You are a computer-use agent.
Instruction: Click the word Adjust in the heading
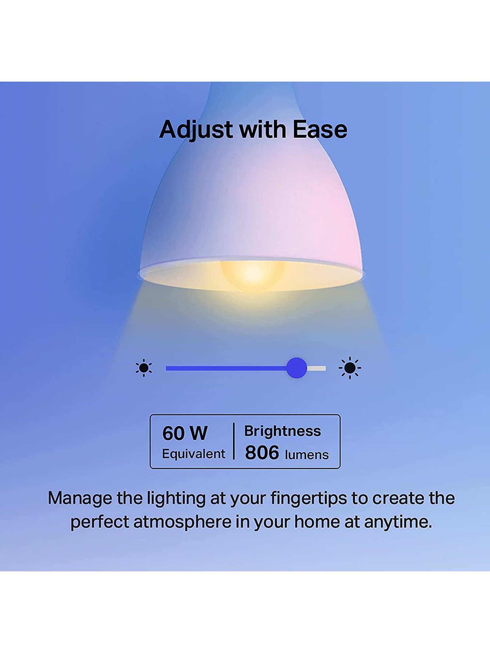pyautogui.click(x=196, y=130)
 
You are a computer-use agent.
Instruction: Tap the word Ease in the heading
pyautogui.click(x=320, y=130)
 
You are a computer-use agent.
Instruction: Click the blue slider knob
pyautogui.click(x=297, y=368)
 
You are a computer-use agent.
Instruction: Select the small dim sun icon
pyautogui.click(x=144, y=368)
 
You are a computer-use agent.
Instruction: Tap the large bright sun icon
pyautogui.click(x=350, y=368)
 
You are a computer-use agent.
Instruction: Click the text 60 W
pyautogui.click(x=185, y=433)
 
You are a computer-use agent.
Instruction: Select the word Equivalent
pyautogui.click(x=193, y=454)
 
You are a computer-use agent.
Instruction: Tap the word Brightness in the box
pyautogui.click(x=283, y=431)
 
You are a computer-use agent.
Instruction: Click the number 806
pyautogui.click(x=262, y=453)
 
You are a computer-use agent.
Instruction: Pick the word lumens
pyautogui.click(x=307, y=455)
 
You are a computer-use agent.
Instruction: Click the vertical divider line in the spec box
pyautogui.click(x=234, y=441)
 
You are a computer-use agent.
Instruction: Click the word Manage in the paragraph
pyautogui.click(x=80, y=499)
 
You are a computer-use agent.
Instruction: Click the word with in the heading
pyautogui.click(x=263, y=130)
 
